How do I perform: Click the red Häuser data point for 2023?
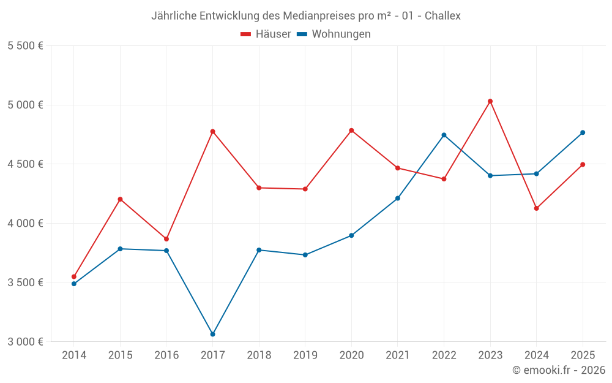point(490,101)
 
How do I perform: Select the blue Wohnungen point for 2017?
point(212,334)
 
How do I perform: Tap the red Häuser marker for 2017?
point(212,131)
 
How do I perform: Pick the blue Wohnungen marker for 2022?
point(444,135)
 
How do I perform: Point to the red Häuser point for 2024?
point(537,208)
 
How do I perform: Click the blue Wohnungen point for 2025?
point(583,132)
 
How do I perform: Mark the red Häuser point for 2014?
point(74,276)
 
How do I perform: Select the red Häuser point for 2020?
point(351,130)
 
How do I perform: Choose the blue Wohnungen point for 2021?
point(398,198)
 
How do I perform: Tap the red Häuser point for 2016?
point(166,239)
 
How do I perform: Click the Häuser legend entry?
point(266,34)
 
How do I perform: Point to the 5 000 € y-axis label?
point(25,105)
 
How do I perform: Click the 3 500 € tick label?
point(25,283)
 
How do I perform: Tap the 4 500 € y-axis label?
point(25,164)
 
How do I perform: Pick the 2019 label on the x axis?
point(305,355)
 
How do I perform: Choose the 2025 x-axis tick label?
point(583,355)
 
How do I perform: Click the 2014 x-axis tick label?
point(74,355)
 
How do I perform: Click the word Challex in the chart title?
point(442,16)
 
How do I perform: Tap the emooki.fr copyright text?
point(559,370)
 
